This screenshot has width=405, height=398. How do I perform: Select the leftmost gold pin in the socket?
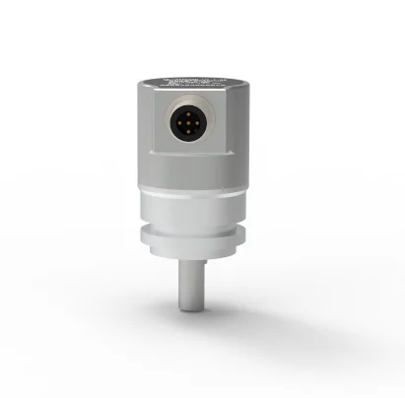[176, 123]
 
